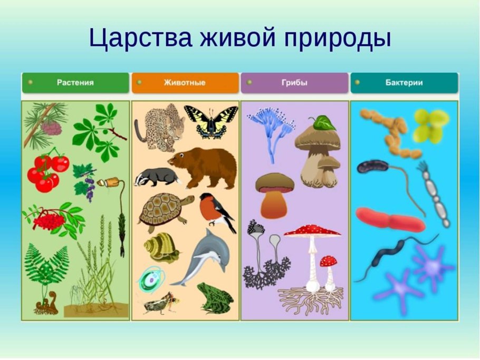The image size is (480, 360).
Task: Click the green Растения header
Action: point(75,83)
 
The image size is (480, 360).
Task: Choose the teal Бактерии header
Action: point(404,83)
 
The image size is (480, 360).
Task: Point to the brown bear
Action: point(203,166)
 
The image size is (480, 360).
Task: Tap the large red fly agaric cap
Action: point(312,230)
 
